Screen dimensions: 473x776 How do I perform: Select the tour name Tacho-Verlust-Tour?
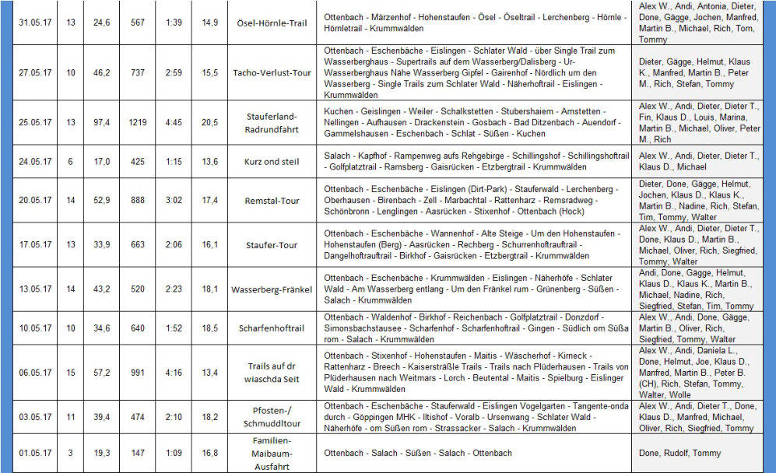click(x=267, y=72)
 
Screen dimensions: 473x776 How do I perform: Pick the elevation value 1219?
click(x=137, y=122)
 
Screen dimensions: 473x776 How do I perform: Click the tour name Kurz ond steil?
click(x=267, y=162)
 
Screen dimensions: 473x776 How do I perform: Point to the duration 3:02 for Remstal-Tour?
click(x=174, y=201)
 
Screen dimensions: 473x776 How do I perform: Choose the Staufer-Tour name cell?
click(x=267, y=245)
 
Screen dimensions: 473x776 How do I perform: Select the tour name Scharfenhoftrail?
click(x=267, y=328)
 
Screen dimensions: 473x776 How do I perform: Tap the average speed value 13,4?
click(x=209, y=373)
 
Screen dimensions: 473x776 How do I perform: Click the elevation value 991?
click(x=137, y=373)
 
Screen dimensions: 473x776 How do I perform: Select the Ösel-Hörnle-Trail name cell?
click(x=267, y=23)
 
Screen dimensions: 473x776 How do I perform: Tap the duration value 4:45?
click(x=174, y=122)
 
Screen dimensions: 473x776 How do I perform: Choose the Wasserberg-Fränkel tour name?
click(x=267, y=289)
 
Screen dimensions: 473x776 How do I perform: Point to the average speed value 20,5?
click(x=209, y=122)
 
